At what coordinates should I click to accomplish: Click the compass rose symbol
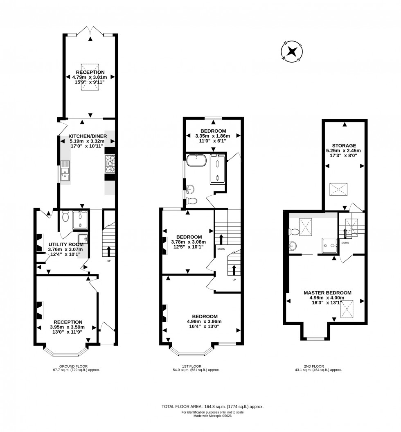click(x=292, y=52)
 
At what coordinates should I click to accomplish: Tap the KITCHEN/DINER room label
click(x=88, y=136)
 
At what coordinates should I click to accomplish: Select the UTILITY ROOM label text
click(x=65, y=244)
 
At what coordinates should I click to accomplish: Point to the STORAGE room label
click(x=344, y=145)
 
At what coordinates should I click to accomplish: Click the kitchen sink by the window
click(x=65, y=171)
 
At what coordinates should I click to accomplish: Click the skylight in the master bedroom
click(x=348, y=309)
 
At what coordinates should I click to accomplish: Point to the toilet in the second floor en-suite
click(x=294, y=232)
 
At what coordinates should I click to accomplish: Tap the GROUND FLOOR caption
click(x=74, y=366)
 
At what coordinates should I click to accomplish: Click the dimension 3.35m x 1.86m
click(x=212, y=136)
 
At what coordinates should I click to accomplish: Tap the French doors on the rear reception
click(x=90, y=32)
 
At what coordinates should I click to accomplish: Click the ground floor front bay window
click(x=65, y=351)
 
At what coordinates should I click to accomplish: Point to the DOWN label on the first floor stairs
click(x=221, y=249)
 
